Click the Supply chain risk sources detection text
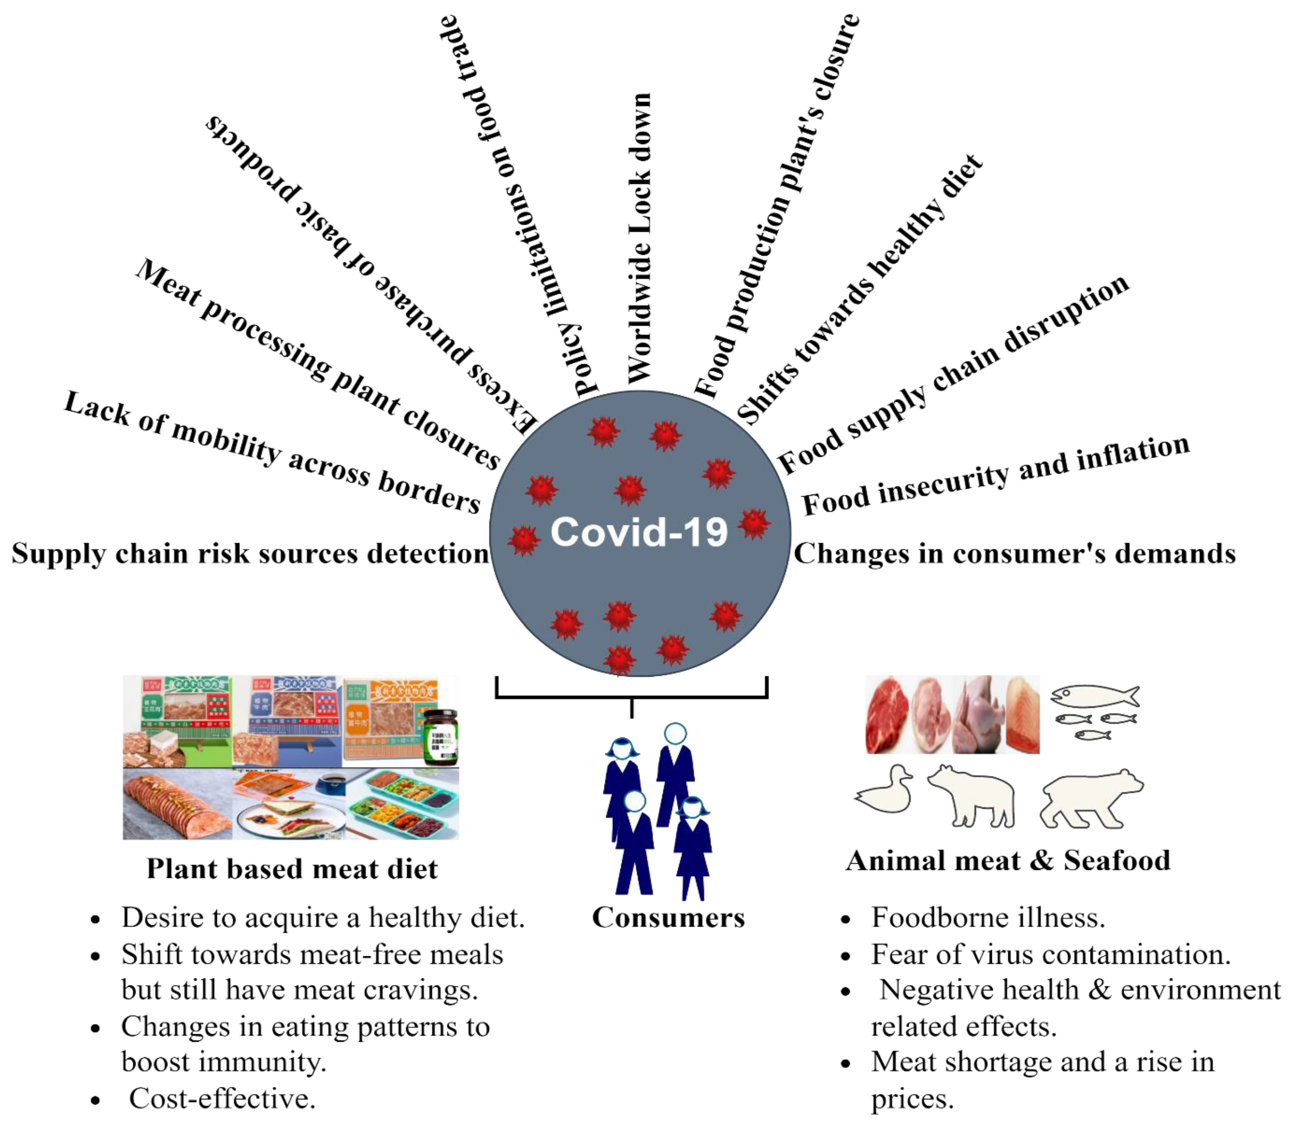pyautogui.click(x=250, y=554)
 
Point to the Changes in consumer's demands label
pyautogui.click(x=1015, y=554)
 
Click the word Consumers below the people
pyautogui.click(x=668, y=917)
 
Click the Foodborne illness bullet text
pyautogui.click(x=988, y=917)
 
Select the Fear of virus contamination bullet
pyautogui.click(x=1050, y=954)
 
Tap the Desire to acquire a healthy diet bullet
pyautogui.click(x=323, y=917)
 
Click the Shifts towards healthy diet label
pyautogui.click(x=859, y=289)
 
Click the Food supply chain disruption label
pyautogui.click(x=953, y=374)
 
